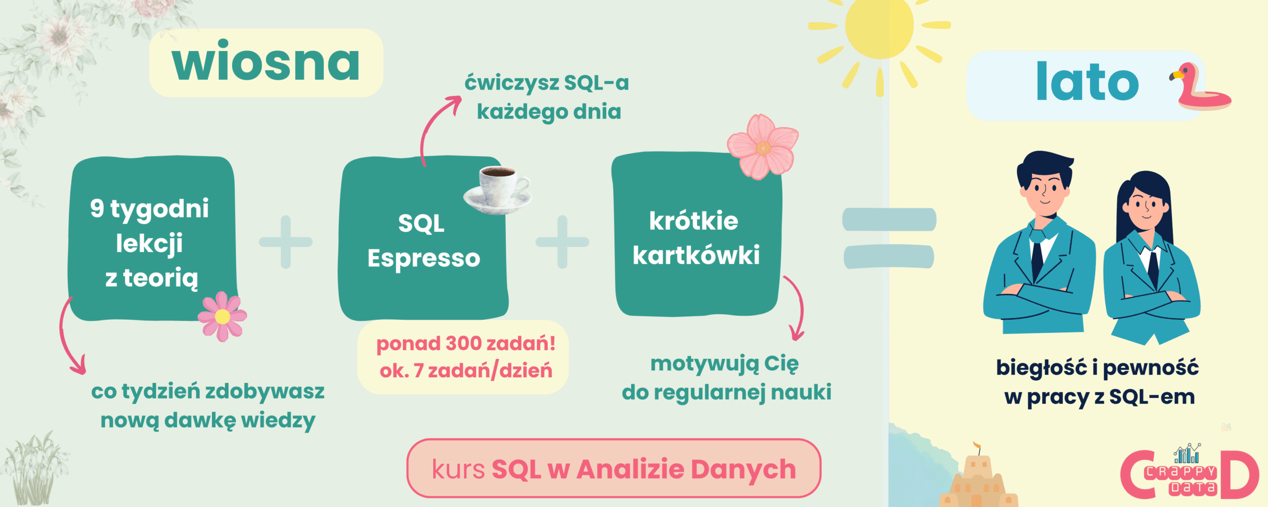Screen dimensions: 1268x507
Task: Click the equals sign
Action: pyautogui.click(x=889, y=238)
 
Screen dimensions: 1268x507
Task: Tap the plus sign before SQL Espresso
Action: pyautogui.click(x=286, y=242)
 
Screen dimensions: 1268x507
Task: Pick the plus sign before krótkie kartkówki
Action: pyautogui.click(x=562, y=242)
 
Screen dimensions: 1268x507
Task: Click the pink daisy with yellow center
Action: pyautogui.click(x=222, y=316)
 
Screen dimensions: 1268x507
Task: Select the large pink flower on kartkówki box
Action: pyautogui.click(x=763, y=147)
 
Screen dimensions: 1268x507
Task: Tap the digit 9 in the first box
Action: pyautogui.click(x=97, y=208)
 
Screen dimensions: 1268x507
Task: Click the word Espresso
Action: pyautogui.click(x=424, y=258)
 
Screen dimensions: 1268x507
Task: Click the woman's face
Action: pyautogui.click(x=1146, y=205)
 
